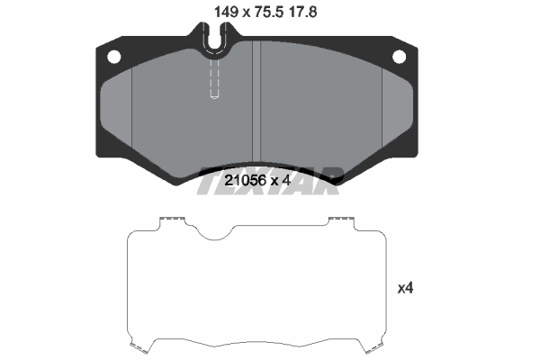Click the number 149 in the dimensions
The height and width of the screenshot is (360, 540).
tap(226, 13)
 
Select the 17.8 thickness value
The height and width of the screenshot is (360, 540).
tap(303, 13)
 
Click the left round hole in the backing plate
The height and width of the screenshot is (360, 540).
tap(114, 57)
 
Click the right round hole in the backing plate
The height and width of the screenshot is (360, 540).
tap(399, 57)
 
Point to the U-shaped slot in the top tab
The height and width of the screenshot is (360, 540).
tap(214, 37)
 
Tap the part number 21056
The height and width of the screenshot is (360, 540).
tap(245, 180)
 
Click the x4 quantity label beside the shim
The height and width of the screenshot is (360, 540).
tap(405, 288)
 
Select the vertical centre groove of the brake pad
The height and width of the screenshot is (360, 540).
tap(256, 102)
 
